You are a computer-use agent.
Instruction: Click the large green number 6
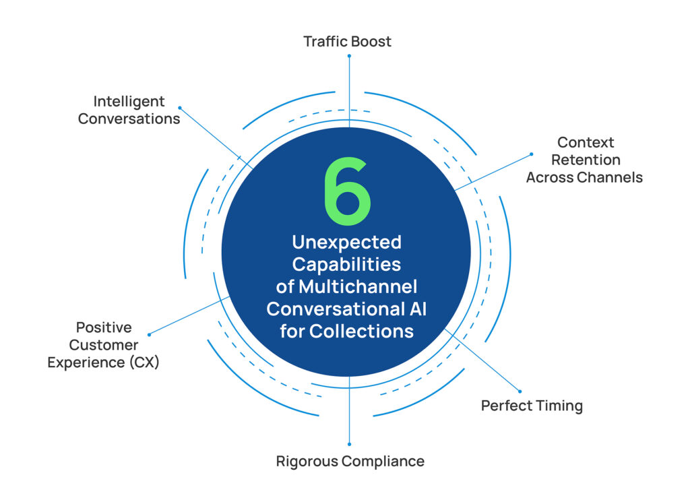click(347, 192)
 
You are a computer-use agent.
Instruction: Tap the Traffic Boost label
click(347, 41)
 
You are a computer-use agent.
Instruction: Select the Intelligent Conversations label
click(129, 110)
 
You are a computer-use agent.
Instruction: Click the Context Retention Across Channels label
click(584, 160)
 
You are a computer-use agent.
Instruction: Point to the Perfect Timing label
click(532, 406)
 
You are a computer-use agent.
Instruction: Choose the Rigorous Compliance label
click(350, 462)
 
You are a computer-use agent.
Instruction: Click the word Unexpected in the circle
click(346, 242)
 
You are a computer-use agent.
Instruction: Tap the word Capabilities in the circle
click(346, 264)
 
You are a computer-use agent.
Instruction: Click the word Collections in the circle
click(361, 331)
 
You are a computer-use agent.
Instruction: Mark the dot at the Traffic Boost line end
click(349, 56)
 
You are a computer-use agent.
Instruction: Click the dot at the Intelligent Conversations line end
click(180, 107)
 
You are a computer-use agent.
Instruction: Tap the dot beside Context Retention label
click(531, 154)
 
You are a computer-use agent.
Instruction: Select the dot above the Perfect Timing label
click(520, 391)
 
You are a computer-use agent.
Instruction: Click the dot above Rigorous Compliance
click(349, 444)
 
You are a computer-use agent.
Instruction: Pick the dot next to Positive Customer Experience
click(149, 334)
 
